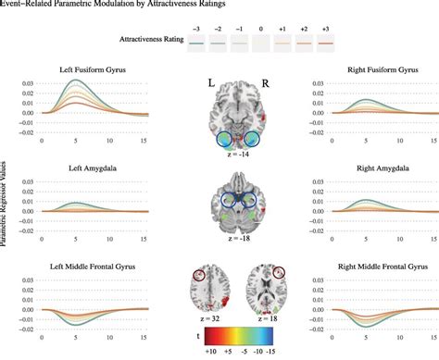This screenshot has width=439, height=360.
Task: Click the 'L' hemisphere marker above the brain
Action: [210, 83]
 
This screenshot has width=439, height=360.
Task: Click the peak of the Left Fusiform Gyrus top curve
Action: [80, 81]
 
